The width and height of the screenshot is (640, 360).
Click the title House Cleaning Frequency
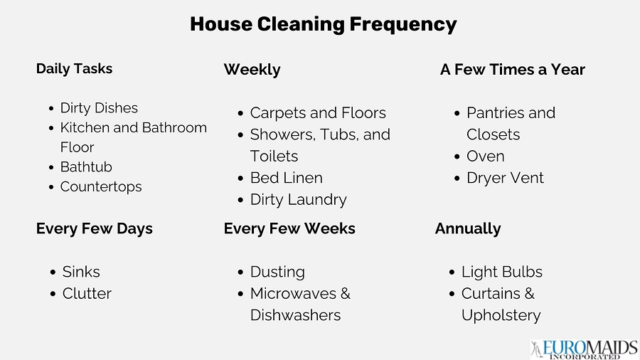coord(323,24)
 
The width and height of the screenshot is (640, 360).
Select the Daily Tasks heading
coord(74,69)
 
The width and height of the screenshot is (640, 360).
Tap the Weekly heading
coord(252,70)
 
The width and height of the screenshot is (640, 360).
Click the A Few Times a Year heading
coord(512,70)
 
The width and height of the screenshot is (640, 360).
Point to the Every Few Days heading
coord(94,229)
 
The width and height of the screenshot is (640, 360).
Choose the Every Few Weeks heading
coord(289,229)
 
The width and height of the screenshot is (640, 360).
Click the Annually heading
coord(467,229)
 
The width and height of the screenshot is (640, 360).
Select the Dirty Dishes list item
coord(99,108)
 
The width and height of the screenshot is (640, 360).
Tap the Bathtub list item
coord(86,167)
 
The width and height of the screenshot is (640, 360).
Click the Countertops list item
coord(101,187)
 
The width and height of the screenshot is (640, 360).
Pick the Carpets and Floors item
coord(317,113)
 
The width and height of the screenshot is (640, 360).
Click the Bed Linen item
coord(286,178)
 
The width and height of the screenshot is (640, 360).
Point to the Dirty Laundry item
coord(298,200)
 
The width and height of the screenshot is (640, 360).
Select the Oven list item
coord(485,157)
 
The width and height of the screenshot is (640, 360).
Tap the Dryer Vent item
coord(505,178)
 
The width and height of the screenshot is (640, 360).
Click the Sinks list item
coord(81,272)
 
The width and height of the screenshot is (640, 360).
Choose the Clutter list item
coord(87,294)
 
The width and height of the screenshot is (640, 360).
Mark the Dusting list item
coord(277,272)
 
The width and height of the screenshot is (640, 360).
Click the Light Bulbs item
coord(501,272)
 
